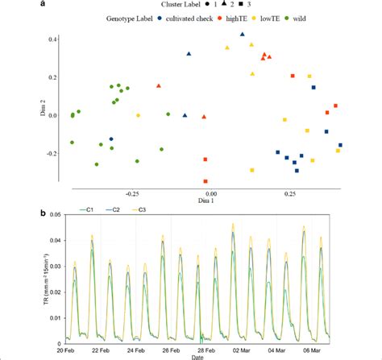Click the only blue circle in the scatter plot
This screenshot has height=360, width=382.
click(111, 139)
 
